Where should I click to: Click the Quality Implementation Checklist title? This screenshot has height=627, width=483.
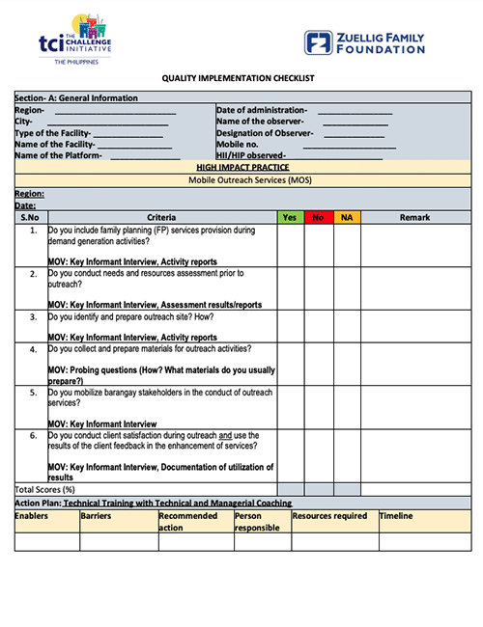[x=242, y=78]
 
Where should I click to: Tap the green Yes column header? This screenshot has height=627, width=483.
[x=290, y=217]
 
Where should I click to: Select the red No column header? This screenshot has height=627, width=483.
[x=319, y=217]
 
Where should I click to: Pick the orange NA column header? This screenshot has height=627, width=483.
[x=348, y=217]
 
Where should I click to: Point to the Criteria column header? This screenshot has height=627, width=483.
[x=161, y=217]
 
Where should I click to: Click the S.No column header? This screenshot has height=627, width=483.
[x=31, y=217]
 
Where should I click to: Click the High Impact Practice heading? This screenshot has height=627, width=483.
[x=242, y=167]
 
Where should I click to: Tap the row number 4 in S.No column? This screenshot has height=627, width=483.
[x=33, y=348]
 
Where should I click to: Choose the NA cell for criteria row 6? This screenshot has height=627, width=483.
[x=348, y=454]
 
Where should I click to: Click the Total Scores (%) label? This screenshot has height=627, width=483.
[x=44, y=489]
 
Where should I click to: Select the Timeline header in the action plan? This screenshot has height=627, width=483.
[x=396, y=516]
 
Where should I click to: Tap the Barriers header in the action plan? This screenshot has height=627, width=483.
[x=97, y=516]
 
